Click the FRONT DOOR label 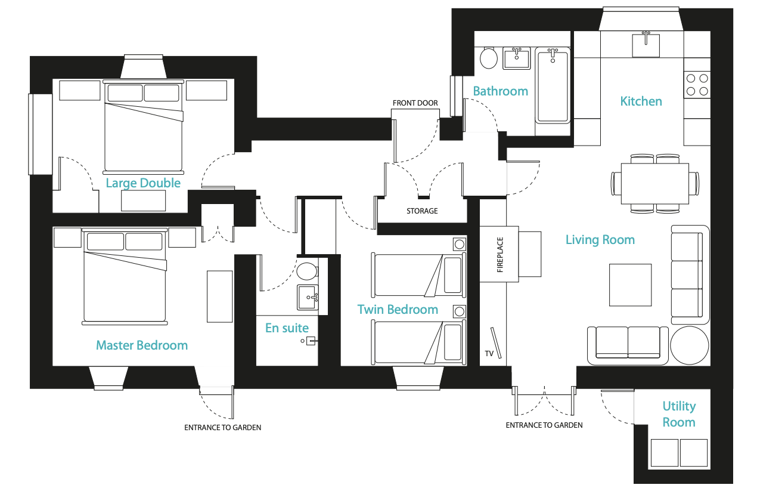(415, 103)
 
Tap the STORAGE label (422, 211)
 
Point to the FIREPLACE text (500, 255)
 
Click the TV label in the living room (489, 354)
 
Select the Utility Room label (679, 414)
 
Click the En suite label (287, 328)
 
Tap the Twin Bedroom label (398, 310)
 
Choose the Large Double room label (143, 183)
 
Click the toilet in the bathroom (488, 58)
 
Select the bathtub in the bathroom (553, 85)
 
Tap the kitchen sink (646, 44)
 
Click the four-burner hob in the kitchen (697, 85)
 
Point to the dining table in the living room (655, 184)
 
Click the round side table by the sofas (690, 345)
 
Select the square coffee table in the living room (630, 285)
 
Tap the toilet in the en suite (307, 271)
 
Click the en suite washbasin (308, 298)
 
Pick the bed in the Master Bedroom (125, 276)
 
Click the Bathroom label (500, 91)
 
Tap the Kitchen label (641, 101)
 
